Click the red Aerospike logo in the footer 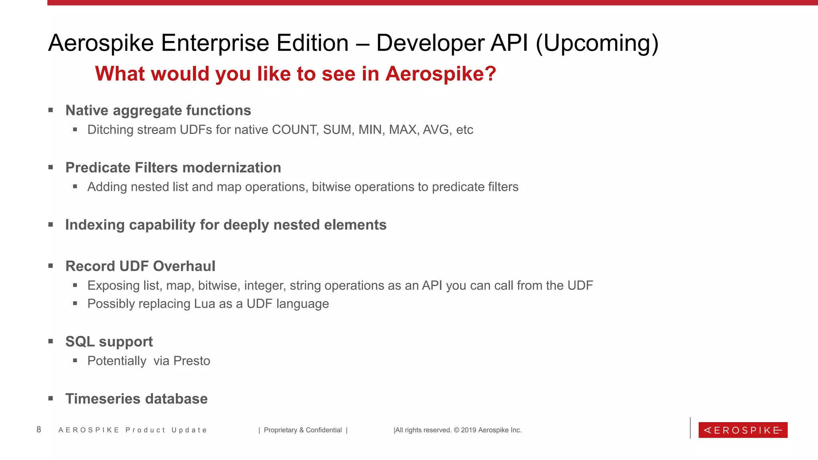tap(743, 430)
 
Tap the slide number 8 tap(39, 430)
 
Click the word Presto tap(192, 361)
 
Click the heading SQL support tap(109, 342)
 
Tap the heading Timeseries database tap(136, 399)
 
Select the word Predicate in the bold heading tap(98, 168)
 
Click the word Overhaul tap(184, 266)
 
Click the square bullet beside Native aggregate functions tap(51, 110)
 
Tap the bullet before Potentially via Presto tap(75, 361)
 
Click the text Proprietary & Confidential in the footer tap(303, 430)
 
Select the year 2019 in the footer tap(469, 430)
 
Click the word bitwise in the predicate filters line tap(331, 187)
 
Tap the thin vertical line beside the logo tap(690, 428)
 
